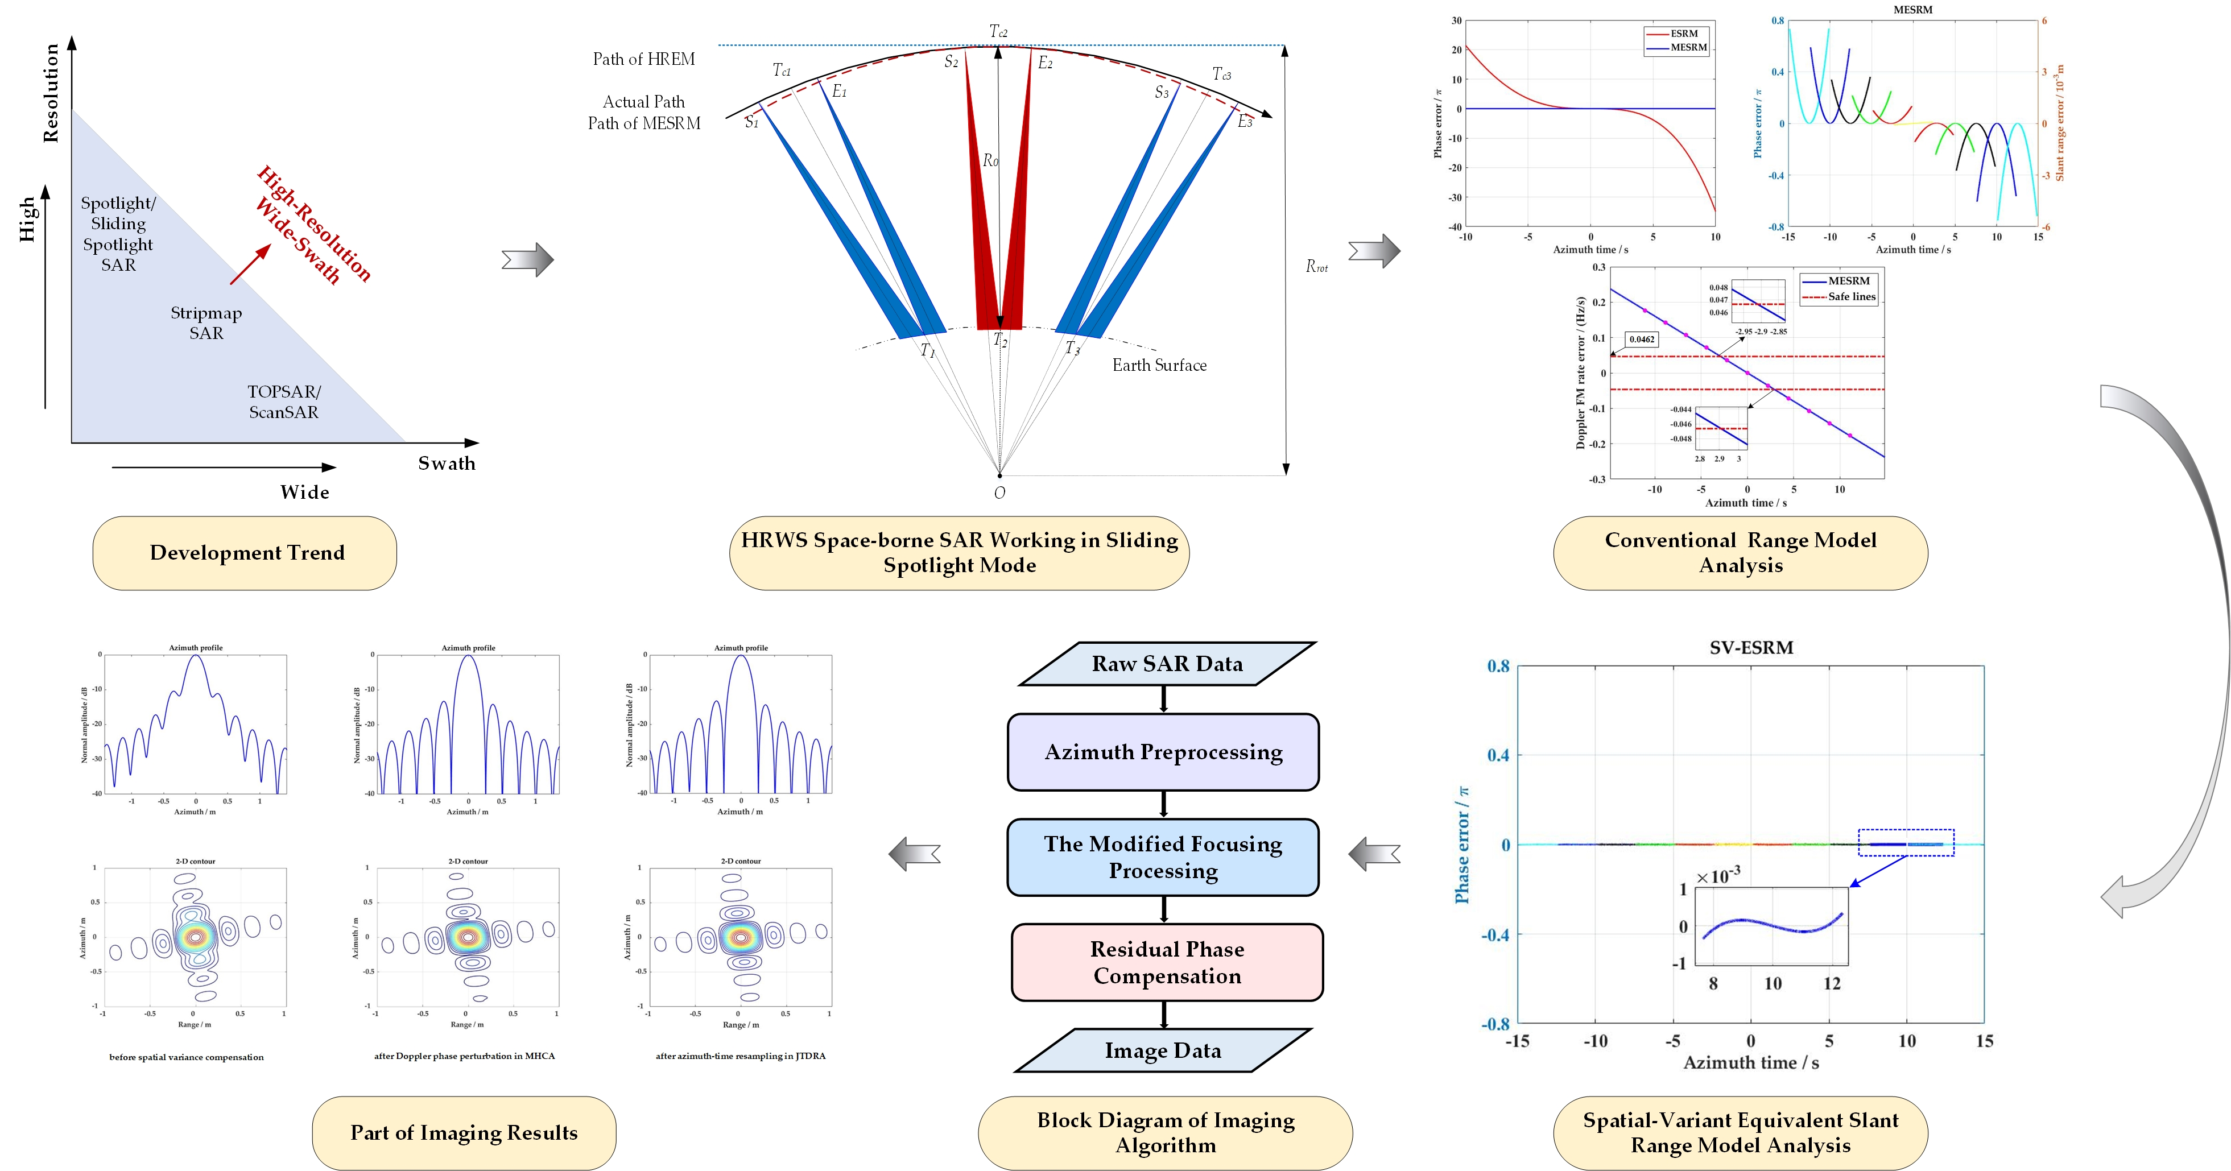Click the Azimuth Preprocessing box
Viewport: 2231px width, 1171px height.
click(1163, 752)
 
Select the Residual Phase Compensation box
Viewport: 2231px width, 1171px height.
click(1167, 962)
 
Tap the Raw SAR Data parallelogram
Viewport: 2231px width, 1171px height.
click(1167, 664)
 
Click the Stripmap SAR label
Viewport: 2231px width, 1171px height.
click(206, 322)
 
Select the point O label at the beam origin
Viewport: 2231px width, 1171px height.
click(999, 493)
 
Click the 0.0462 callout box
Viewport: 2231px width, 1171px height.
click(1641, 340)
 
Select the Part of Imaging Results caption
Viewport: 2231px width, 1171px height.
click(464, 1133)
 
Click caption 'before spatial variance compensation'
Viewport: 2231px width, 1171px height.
click(186, 1057)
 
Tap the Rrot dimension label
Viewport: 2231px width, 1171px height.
click(1316, 267)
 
